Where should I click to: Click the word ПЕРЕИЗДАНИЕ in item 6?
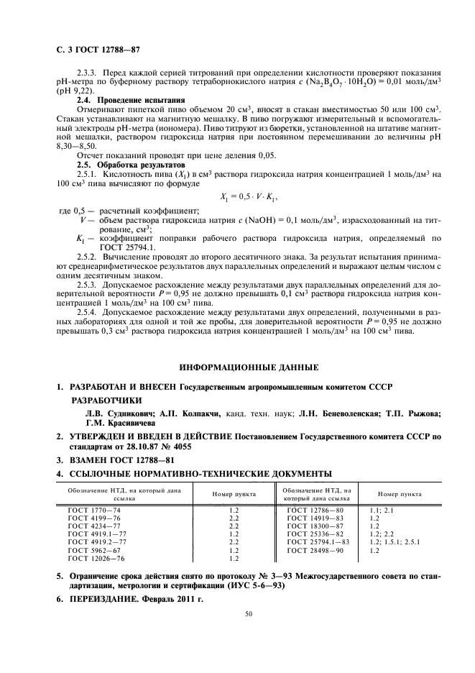point(106,598)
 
